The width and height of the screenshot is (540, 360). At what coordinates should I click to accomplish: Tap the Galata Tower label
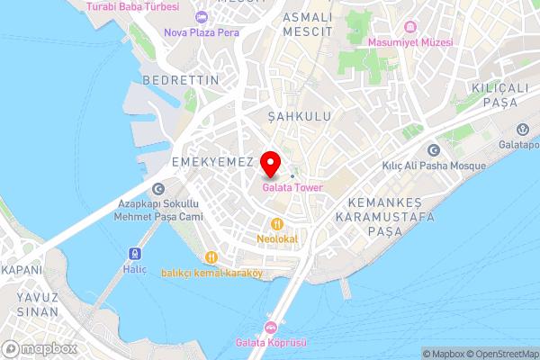pos(292,187)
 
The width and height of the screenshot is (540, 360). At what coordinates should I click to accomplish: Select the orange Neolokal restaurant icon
pos(277,224)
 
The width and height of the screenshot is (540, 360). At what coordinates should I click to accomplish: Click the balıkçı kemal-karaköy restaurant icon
pos(211,257)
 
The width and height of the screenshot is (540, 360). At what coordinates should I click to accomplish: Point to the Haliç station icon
pos(135,254)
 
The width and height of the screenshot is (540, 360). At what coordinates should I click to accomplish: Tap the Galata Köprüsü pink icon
pos(270,327)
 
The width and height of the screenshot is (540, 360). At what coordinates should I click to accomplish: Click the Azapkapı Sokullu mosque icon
pos(158,189)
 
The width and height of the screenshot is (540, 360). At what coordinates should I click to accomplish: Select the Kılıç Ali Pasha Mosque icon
pos(434,150)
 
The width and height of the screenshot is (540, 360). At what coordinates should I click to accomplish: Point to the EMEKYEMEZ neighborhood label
pos(206,161)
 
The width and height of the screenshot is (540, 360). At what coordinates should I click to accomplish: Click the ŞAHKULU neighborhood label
pos(301,117)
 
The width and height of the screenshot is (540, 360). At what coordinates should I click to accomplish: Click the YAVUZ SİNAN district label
pos(36,304)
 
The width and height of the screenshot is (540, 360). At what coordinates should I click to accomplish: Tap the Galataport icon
pos(525,129)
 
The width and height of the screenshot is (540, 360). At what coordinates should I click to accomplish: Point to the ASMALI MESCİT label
pos(307,24)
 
